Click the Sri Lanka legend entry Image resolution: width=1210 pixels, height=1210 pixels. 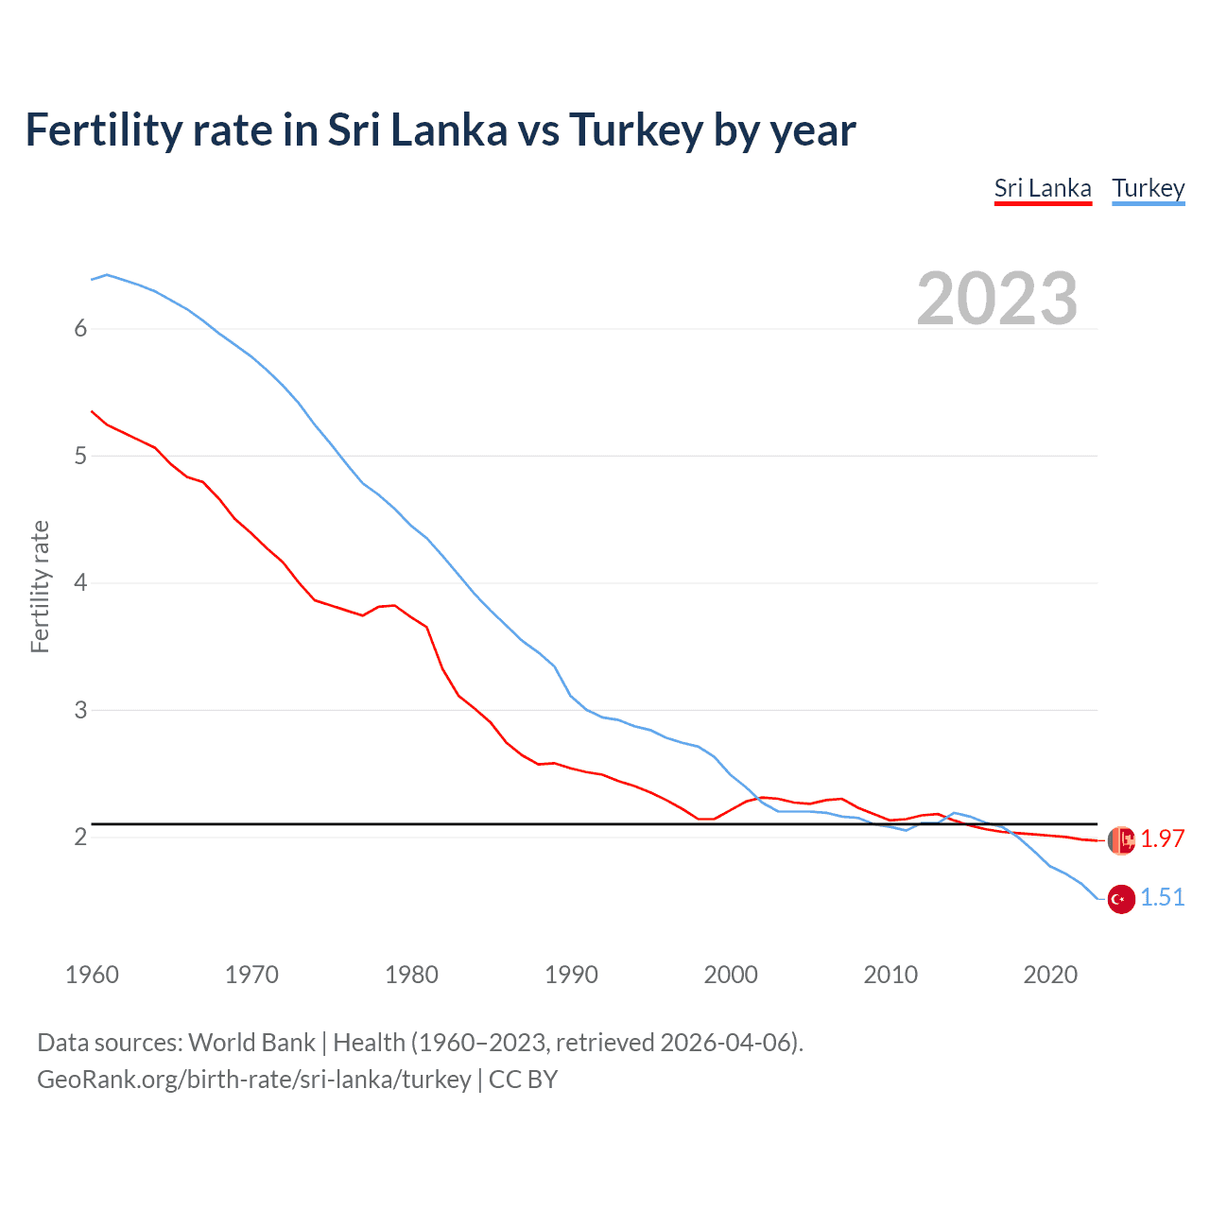click(x=1043, y=188)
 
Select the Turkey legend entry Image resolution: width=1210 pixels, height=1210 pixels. click(x=1148, y=188)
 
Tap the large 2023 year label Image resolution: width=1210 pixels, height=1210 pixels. click(x=997, y=299)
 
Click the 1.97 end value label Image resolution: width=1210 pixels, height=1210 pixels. click(x=1162, y=838)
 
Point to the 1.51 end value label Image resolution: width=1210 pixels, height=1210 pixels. click(x=1162, y=897)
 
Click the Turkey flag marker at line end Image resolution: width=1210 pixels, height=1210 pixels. click(x=1121, y=899)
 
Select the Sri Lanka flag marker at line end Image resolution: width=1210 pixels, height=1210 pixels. click(x=1121, y=839)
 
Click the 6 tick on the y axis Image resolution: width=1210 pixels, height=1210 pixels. click(x=80, y=329)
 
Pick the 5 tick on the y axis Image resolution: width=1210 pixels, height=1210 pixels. click(x=80, y=457)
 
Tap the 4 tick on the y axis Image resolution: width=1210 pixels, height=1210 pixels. click(x=80, y=583)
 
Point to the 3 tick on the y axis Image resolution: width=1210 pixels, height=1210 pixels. click(x=80, y=710)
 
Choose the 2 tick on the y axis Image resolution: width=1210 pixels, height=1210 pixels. click(x=80, y=838)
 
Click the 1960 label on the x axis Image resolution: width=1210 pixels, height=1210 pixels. click(x=92, y=975)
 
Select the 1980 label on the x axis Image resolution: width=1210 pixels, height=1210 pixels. click(x=411, y=975)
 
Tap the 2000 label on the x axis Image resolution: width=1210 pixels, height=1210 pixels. click(x=731, y=975)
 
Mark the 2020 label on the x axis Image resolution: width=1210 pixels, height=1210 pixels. click(x=1050, y=975)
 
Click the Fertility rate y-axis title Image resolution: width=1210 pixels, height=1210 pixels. click(x=40, y=586)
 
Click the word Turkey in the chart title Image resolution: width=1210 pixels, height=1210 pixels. click(x=635, y=130)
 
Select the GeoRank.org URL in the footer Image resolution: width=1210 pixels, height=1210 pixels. click(x=253, y=1080)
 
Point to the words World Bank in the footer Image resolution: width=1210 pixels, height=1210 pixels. click(x=251, y=1043)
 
